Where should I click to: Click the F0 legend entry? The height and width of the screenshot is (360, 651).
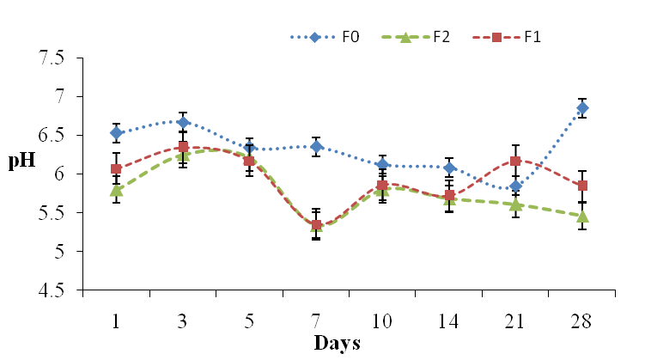tap(332, 38)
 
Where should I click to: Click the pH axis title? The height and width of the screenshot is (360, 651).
tap(21, 161)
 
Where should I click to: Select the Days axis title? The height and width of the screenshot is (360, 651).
tap(337, 344)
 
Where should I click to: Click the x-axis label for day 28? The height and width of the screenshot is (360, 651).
tap(582, 320)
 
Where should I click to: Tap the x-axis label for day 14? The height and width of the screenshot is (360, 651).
tap(449, 320)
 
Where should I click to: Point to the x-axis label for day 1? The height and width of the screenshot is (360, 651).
tap(117, 320)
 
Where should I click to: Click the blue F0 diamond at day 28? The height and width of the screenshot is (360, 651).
tap(582, 108)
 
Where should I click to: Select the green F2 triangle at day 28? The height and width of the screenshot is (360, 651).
tap(582, 216)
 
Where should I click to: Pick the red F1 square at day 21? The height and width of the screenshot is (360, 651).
tap(515, 161)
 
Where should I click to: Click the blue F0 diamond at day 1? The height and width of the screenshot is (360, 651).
tap(117, 133)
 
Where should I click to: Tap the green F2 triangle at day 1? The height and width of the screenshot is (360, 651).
tap(117, 191)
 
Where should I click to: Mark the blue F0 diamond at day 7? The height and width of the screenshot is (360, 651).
tap(316, 147)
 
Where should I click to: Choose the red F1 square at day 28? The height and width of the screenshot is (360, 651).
tap(582, 186)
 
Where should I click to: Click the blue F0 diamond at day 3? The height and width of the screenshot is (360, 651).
tap(183, 122)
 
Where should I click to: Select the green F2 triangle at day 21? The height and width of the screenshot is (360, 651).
tap(515, 204)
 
